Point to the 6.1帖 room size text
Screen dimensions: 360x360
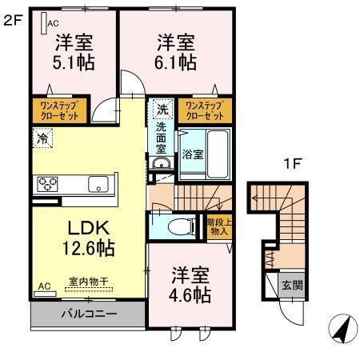(175, 62)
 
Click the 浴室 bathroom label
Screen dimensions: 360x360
(192, 153)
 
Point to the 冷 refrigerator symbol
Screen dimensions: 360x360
(42, 138)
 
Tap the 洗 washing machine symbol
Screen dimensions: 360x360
(162, 109)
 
